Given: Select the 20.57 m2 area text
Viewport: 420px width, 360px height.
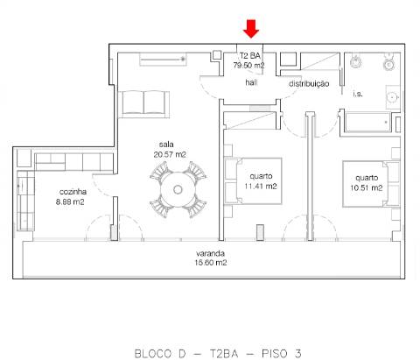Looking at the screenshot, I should (166, 154).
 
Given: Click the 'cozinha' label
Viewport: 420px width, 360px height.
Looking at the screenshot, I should (72, 192).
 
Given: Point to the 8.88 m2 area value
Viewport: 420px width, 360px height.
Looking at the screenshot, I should (72, 202).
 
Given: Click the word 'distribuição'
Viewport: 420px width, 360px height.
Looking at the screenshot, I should (309, 84).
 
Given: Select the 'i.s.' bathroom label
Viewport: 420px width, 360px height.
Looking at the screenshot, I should (357, 94).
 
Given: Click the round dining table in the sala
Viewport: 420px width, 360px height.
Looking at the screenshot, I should (178, 190).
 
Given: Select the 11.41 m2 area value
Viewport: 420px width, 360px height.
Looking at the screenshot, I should (261, 187).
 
